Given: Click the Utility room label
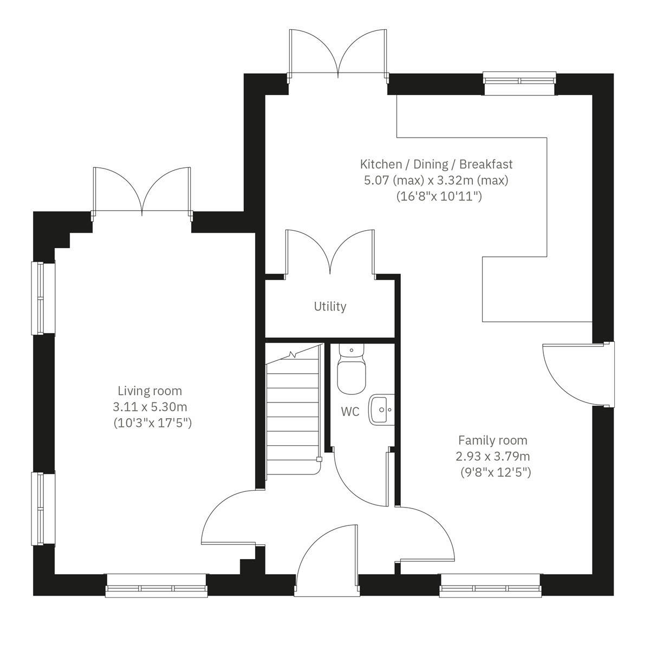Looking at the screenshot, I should click(x=330, y=307).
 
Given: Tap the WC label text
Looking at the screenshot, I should click(x=350, y=412).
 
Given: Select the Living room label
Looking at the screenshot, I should click(x=150, y=391).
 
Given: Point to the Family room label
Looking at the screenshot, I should click(x=492, y=440).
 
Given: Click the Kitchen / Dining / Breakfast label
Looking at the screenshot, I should click(x=436, y=164).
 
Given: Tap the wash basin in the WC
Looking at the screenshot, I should click(x=382, y=409).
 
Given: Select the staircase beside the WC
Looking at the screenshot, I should click(x=292, y=412).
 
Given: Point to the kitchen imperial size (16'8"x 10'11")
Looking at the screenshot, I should click(x=439, y=196).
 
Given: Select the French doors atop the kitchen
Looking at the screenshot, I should click(x=338, y=53).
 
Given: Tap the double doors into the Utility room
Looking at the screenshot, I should click(x=330, y=252).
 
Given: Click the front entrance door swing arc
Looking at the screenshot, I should click(x=325, y=558).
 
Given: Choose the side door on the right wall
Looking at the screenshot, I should click(x=580, y=374).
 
